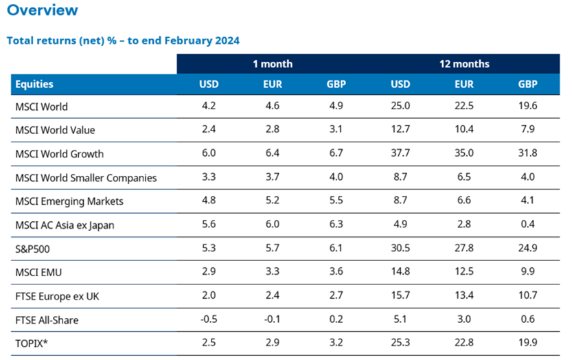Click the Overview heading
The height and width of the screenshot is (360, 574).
coord(43,10)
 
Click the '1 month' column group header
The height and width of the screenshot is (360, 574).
coord(273,63)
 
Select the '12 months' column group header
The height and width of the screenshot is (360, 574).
coord(464,63)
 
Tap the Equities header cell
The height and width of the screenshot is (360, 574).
coord(34,85)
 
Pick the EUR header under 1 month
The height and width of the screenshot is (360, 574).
coord(273,85)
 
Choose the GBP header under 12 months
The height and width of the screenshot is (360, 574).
coord(528,85)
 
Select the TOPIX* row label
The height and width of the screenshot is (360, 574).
coord(32,343)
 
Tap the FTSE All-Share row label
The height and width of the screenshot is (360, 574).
coord(45,319)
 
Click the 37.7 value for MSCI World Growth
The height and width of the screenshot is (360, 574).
coord(400,154)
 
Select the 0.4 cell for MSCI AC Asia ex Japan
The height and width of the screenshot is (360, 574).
coord(528,225)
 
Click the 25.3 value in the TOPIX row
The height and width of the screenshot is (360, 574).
coord(400,343)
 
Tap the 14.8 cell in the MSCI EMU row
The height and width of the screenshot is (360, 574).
coord(400,272)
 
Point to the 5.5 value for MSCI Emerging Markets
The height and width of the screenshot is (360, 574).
coord(336,201)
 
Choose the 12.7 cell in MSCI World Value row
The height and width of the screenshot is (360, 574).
coord(400,130)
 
